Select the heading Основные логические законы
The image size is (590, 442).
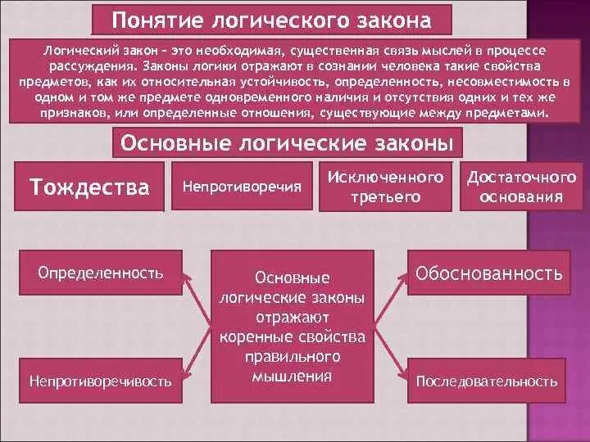pyautogui.click(x=287, y=143)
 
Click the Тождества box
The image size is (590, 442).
pyautogui.click(x=90, y=187)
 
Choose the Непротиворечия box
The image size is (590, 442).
pyautogui.click(x=242, y=187)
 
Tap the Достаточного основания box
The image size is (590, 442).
pyautogui.click(x=521, y=187)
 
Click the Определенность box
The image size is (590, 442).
pyautogui.click(x=100, y=272)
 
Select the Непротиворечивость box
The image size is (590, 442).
pyautogui.click(x=100, y=381)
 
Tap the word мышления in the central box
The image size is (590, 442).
pyautogui.click(x=293, y=377)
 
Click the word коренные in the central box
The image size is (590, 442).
pyautogui.click(x=252, y=337)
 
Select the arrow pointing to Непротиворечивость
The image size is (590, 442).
pyautogui.click(x=197, y=353)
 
